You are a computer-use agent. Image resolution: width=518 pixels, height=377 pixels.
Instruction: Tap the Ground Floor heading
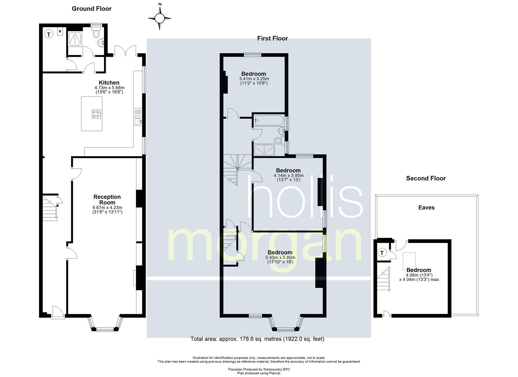(92, 9)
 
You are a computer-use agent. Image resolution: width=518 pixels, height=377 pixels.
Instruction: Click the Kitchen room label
(109, 83)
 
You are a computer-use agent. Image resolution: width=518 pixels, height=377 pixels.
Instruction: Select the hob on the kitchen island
(96, 114)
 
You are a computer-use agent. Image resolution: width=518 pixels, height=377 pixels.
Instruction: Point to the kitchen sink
(138, 120)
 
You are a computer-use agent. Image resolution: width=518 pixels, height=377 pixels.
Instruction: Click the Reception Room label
(107, 199)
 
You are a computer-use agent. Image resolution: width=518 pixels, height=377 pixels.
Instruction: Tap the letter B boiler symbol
(60, 31)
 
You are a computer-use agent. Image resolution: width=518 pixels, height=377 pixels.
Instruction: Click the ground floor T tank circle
(48, 35)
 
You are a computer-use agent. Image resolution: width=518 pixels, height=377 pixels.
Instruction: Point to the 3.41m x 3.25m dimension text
(254, 79)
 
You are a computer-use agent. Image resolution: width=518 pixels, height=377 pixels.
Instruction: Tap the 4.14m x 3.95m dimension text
(288, 176)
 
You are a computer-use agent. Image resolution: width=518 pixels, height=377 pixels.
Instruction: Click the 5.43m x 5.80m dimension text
(280, 257)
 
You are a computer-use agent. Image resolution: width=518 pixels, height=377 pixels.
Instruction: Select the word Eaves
(426, 207)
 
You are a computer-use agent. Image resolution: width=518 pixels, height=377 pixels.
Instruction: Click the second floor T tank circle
(382, 253)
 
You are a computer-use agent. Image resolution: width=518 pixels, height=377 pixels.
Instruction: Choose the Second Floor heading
(426, 178)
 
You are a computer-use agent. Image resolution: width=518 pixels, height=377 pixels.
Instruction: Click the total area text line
(257, 339)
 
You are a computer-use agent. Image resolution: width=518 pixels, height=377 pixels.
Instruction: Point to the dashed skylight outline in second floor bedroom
(409, 261)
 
